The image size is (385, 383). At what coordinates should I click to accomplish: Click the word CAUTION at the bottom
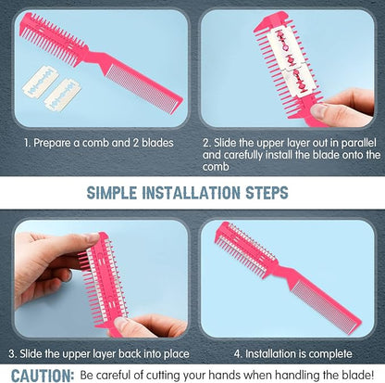pyautogui.click(x=43, y=376)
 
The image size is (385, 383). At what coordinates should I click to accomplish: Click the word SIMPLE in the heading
pyautogui.click(x=112, y=193)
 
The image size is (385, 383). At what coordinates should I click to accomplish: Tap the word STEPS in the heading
pyautogui.click(x=267, y=193)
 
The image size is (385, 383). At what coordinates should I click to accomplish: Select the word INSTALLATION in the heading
pyautogui.click(x=192, y=193)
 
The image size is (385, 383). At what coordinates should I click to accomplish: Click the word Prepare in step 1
pyautogui.click(x=52, y=143)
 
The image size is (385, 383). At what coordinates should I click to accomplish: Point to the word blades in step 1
pyautogui.click(x=157, y=143)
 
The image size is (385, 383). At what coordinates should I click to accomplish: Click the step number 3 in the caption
pyautogui.click(x=12, y=354)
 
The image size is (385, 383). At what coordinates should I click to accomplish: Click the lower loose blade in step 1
pyautogui.click(x=63, y=95)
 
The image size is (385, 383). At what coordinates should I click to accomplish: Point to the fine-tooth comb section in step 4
pyautogui.click(x=324, y=306)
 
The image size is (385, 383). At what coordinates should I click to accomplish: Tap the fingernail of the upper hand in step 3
pyautogui.click(x=93, y=238)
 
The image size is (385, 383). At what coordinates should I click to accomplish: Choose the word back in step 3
pyautogui.click(x=130, y=353)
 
